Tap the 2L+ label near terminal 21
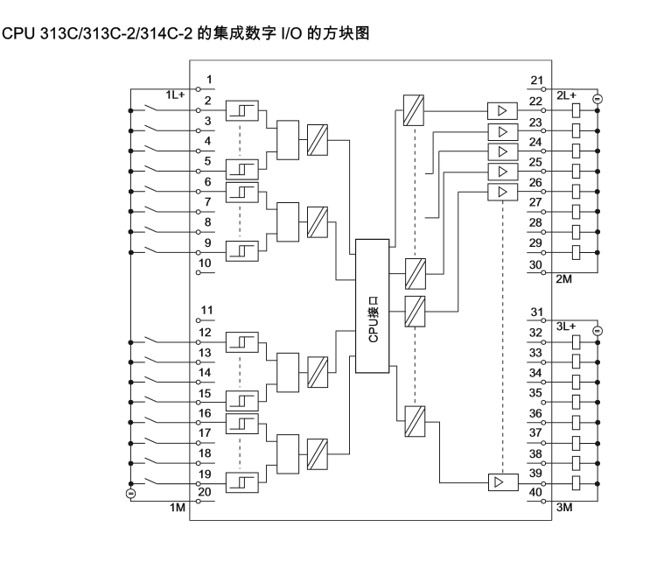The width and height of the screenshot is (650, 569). coord(566,94)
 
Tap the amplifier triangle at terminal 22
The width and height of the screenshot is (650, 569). coord(500,111)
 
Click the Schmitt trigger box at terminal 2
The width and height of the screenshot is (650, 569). coord(241,111)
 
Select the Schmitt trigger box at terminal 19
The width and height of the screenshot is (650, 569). coord(241,482)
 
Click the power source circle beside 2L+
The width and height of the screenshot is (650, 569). coord(597,97)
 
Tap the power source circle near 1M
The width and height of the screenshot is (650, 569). coord(130,494)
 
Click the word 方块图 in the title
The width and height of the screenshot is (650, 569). coord(346,34)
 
